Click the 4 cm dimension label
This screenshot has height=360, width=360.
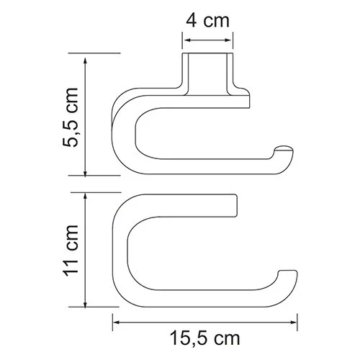point(207,21)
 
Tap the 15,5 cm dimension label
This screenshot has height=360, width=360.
point(206,336)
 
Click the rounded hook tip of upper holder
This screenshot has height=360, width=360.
point(288,154)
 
